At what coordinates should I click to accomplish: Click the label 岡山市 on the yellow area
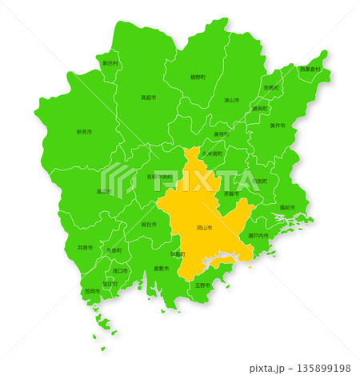click(205, 228)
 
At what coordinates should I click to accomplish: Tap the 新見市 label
click(84, 131)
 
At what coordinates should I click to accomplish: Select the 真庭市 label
click(148, 98)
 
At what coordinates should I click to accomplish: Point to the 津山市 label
click(231, 100)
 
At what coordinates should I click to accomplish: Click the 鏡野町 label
click(198, 77)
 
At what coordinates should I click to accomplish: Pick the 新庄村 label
click(110, 62)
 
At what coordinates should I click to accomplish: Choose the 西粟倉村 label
click(310, 70)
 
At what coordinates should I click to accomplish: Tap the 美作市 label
click(278, 126)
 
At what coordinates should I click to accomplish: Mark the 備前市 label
click(286, 207)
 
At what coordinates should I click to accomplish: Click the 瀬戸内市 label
click(258, 236)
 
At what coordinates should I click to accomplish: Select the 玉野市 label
click(202, 285)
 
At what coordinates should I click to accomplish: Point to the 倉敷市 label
click(161, 268)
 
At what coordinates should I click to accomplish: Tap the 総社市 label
click(149, 225)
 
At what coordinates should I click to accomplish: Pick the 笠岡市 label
click(92, 291)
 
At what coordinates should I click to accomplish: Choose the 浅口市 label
click(120, 270)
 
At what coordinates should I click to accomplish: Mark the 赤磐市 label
click(230, 193)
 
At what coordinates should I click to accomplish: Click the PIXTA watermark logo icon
click(118, 181)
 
